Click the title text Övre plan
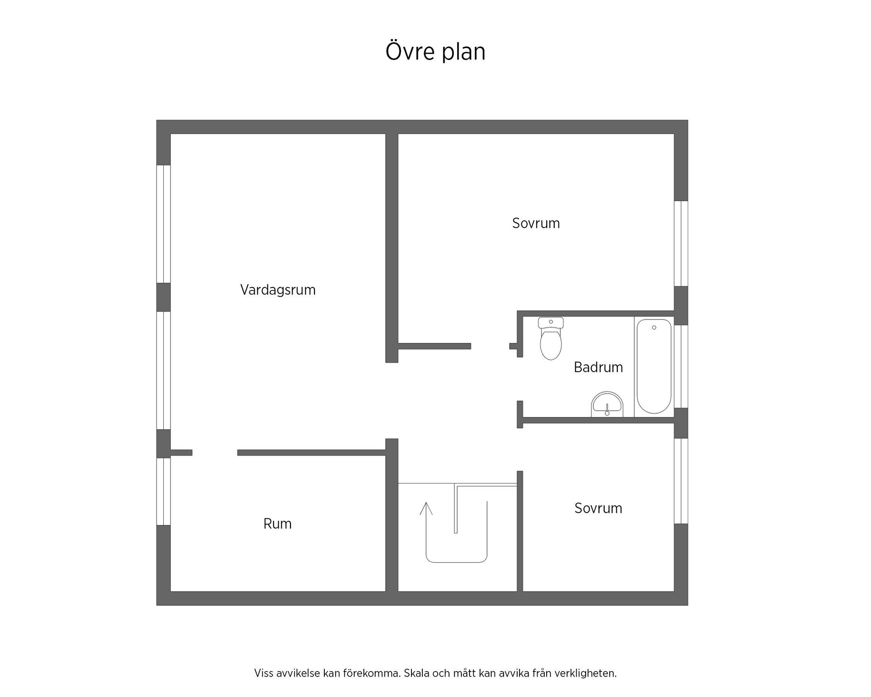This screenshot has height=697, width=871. tap(435, 51)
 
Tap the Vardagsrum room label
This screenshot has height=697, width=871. tap(278, 290)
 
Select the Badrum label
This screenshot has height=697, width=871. tap(598, 367)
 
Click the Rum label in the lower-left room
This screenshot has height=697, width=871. tap(277, 524)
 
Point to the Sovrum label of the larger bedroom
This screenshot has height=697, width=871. tap(536, 223)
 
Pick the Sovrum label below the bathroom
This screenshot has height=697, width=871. tap(598, 508)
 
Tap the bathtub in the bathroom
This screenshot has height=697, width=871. tap(654, 366)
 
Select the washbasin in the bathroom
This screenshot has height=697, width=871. tap(607, 404)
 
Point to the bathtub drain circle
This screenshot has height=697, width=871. tap(654, 328)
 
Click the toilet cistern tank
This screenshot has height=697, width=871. tap(551, 323)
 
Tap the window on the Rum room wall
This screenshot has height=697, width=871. tap(163, 491)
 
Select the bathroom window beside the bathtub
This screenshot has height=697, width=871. tap(681, 367)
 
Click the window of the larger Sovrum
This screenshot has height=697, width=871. tap(681, 244)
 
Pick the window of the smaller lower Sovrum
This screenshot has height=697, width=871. tap(681, 481)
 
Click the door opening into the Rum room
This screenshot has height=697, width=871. tap(215, 452)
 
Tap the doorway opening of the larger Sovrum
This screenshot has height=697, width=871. tap(490, 346)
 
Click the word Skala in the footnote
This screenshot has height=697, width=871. tap(416, 673)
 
